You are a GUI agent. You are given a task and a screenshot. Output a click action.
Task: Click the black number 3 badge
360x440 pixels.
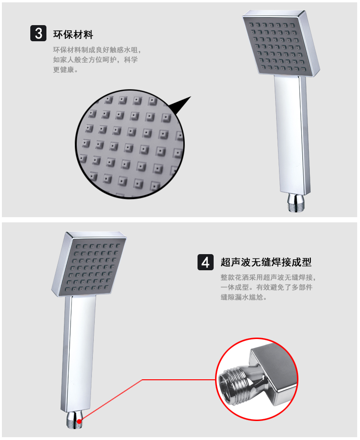(38, 33)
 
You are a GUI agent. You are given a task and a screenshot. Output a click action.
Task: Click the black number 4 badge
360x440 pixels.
(206, 262)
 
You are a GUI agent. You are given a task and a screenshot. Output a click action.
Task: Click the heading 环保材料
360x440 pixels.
(73, 35)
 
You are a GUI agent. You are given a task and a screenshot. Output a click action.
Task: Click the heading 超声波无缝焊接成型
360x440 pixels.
(266, 262)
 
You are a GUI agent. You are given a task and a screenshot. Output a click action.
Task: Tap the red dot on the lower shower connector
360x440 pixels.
(80, 421)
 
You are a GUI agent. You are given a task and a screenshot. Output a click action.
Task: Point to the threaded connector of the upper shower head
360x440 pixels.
(296, 202)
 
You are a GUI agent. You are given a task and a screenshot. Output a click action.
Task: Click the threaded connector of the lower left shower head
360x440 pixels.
(74, 421)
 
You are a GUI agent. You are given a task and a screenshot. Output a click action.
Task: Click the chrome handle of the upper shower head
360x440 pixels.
(292, 135)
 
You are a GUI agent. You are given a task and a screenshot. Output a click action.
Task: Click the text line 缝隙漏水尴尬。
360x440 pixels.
(243, 297)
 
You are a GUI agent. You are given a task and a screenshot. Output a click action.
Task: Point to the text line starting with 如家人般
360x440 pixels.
(95, 60)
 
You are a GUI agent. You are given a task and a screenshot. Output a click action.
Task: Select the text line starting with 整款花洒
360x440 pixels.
(268, 277)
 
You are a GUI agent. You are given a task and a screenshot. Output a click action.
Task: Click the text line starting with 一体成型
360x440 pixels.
(266, 287)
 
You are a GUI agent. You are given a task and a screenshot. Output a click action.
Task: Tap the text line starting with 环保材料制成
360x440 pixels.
(97, 50)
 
